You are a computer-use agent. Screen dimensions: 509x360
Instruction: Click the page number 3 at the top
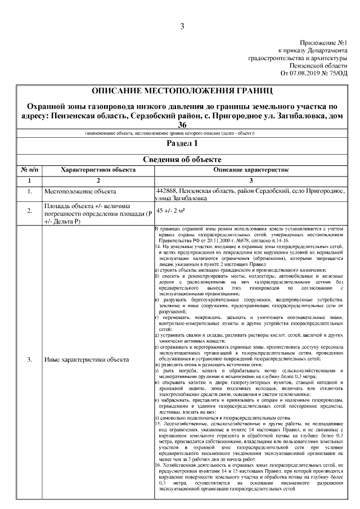182,26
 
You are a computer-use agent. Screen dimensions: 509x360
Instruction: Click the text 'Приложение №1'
323,43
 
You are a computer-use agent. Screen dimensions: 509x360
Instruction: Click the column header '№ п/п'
29,169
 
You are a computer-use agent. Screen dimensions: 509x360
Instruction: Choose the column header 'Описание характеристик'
250,169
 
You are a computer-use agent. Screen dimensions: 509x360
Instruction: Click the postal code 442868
168,191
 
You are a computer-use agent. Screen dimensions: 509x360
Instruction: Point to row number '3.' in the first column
29,359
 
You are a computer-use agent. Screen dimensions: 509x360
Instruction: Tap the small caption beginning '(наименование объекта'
169,133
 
